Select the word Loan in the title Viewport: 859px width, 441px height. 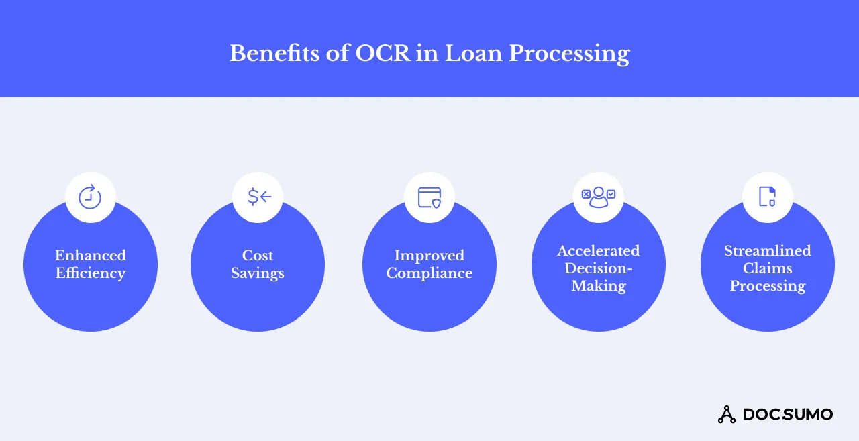[x=470, y=53]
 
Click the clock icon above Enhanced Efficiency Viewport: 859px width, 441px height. [x=90, y=197]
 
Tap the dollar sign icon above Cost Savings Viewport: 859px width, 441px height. [x=258, y=197]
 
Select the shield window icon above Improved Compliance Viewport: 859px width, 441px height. [x=429, y=197]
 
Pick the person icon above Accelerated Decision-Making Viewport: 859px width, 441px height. [x=599, y=197]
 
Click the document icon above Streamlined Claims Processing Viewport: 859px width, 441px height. [x=767, y=197]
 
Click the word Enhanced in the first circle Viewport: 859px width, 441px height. [x=91, y=256]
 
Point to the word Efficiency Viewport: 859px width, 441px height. [x=91, y=273]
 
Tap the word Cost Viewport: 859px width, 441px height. [x=258, y=256]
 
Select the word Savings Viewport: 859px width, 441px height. [x=258, y=273]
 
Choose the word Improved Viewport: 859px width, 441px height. [x=429, y=256]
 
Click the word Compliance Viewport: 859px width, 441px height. [x=429, y=273]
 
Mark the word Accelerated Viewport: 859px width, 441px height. [x=599, y=251]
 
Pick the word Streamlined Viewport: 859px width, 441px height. [x=768, y=251]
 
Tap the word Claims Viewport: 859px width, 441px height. [x=768, y=268]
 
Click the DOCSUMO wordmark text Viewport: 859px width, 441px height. [x=788, y=414]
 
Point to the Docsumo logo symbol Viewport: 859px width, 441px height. [x=727, y=414]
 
